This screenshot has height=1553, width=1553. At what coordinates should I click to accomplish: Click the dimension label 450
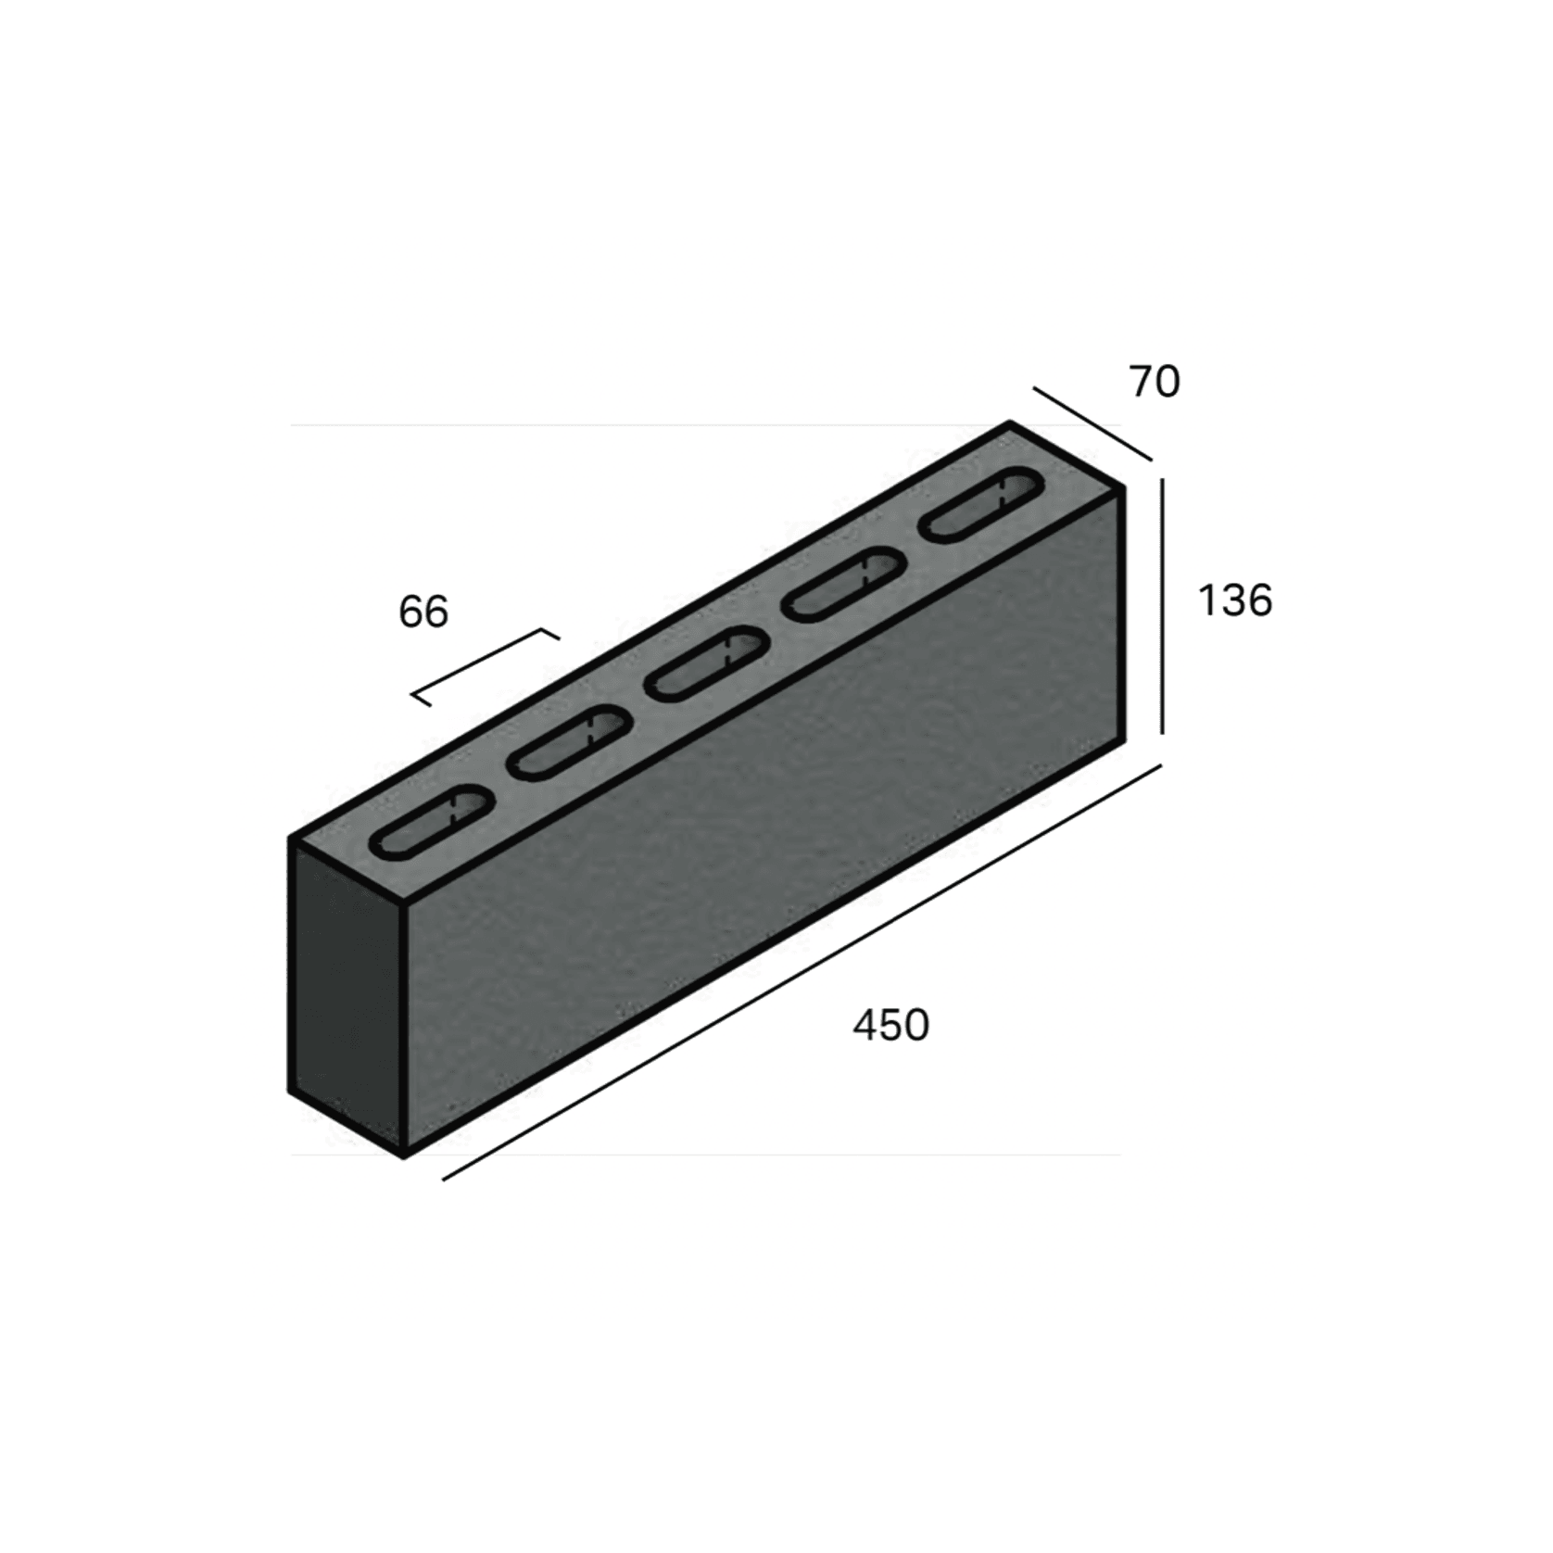(890, 1026)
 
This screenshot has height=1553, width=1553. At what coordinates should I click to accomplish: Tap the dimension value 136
(1235, 600)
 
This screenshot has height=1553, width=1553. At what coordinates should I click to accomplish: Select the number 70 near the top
(1155, 381)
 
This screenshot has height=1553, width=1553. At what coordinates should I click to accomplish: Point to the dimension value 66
(423, 612)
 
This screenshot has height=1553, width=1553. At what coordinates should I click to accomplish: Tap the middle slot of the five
(708, 663)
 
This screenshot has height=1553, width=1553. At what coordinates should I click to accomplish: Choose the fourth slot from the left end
(844, 584)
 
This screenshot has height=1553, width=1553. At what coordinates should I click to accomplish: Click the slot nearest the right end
(980, 505)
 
